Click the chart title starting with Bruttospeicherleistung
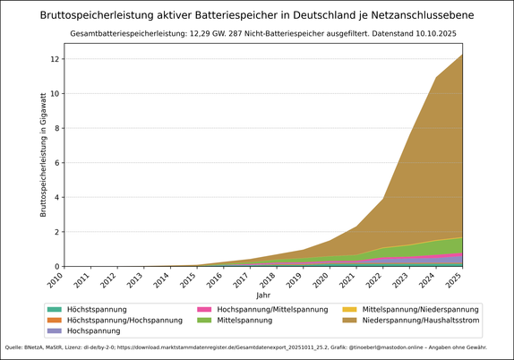pos(257,15)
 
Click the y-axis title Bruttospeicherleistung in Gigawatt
pos(42,154)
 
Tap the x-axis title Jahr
pos(262,295)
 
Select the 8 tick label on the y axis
pos(56,128)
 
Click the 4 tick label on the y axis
pos(56,197)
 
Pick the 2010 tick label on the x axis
pos(56,280)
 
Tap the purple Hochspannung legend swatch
pos(55,330)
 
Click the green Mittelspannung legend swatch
pos(206,320)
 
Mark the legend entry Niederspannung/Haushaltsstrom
pos(419,320)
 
